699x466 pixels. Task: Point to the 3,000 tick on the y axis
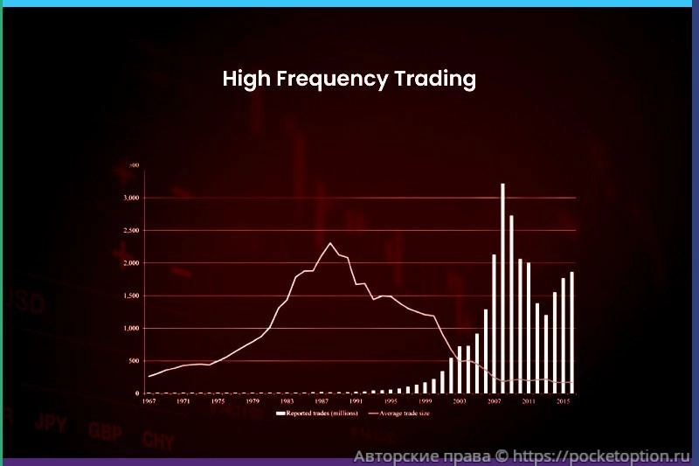(128, 198)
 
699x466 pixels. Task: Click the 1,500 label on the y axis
(128, 296)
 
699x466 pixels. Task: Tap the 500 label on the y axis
(133, 361)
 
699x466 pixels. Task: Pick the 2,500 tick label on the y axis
(128, 231)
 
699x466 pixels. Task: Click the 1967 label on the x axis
(149, 401)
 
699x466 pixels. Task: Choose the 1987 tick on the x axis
(322, 401)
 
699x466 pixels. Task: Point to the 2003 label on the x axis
(460, 401)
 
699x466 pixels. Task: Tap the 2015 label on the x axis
(564, 401)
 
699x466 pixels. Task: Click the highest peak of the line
(330, 243)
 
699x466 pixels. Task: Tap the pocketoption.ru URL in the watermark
(602, 456)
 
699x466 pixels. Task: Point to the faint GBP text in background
(105, 430)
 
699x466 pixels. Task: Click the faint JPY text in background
(51, 423)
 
